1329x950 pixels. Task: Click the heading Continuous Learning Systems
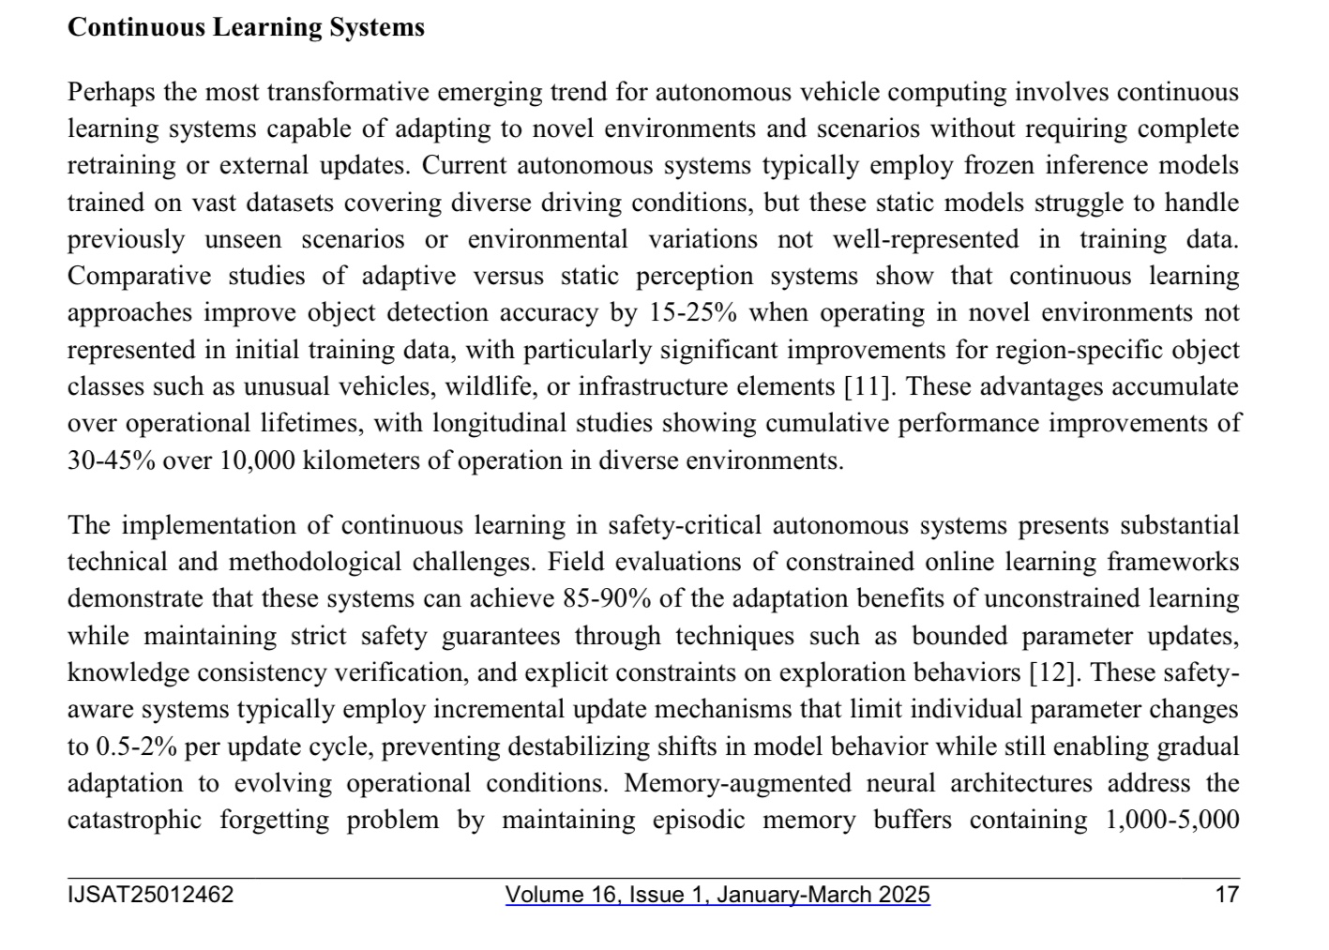pos(246,27)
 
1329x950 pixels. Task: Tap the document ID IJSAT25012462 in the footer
pos(150,895)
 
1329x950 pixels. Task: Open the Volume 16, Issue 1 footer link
pos(717,895)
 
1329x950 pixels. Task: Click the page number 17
pos(1227,895)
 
